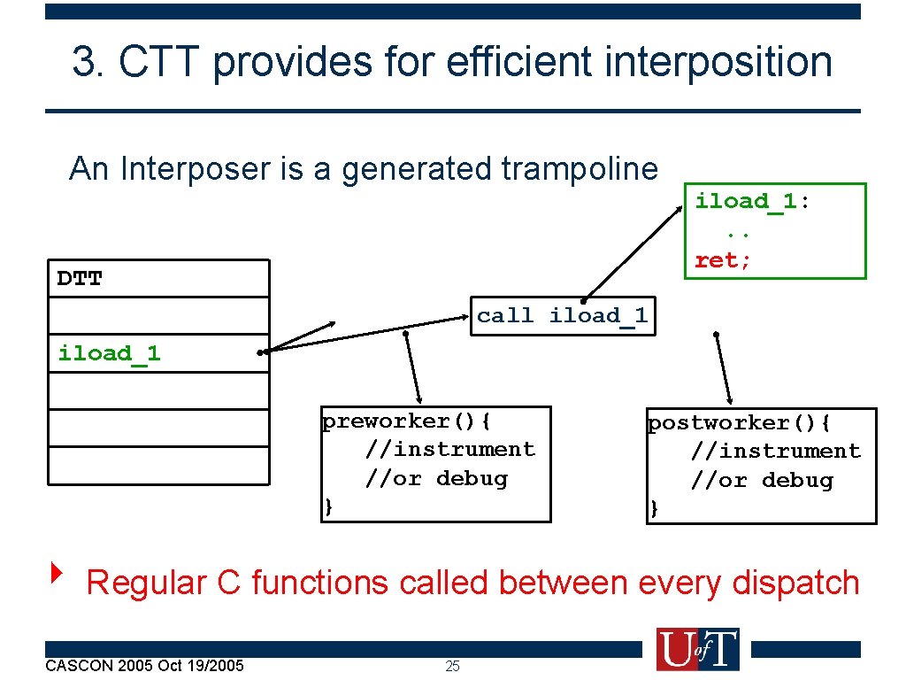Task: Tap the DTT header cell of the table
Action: click(x=80, y=279)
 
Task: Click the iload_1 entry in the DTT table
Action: click(x=109, y=353)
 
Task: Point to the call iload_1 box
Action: click(x=563, y=315)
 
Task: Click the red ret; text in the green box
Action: click(x=723, y=260)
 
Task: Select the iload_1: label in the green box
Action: click(x=752, y=201)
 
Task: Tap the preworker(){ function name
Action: click(x=406, y=421)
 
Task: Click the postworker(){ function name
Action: click(x=739, y=422)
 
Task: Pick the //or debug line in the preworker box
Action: click(x=437, y=478)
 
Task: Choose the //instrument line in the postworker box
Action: click(x=775, y=451)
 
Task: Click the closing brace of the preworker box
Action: click(x=328, y=506)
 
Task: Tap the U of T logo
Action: click(x=697, y=649)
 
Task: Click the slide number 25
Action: click(x=452, y=666)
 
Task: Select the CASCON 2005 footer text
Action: click(x=144, y=665)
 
